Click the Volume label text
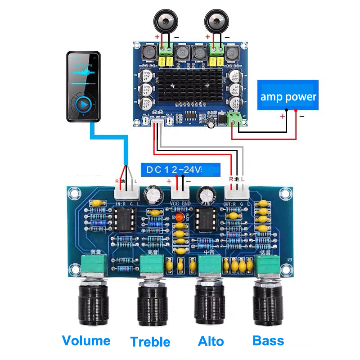point(86,340)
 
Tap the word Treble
point(150,342)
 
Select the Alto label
point(211,342)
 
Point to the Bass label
point(268,340)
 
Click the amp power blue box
point(288,96)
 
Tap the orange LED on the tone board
point(180,218)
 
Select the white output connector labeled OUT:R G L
point(234,193)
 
